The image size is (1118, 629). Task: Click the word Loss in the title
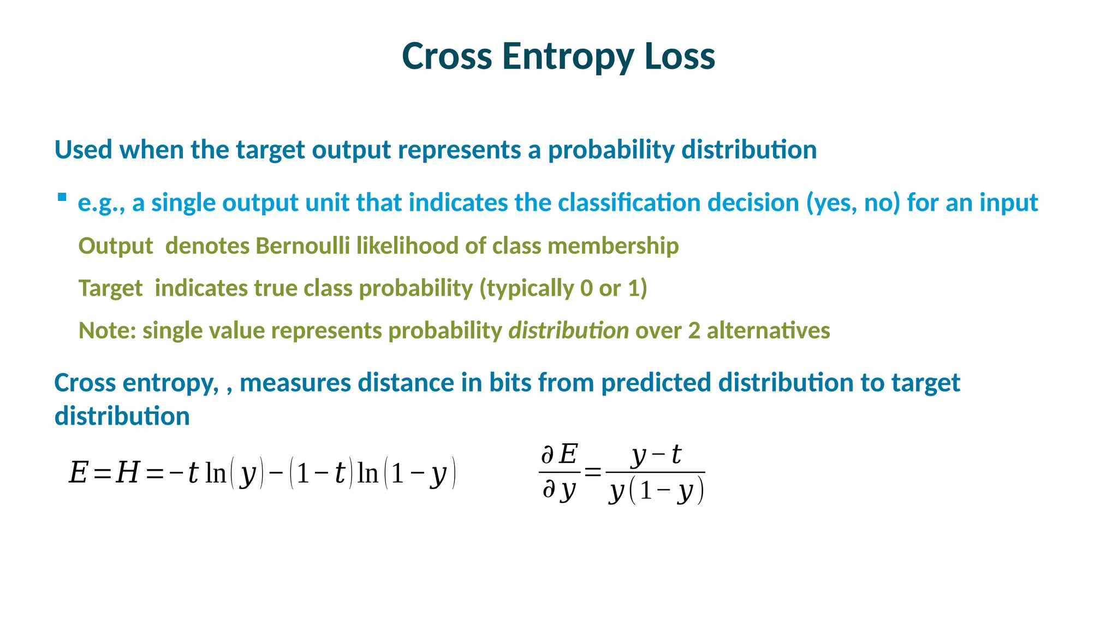point(680,56)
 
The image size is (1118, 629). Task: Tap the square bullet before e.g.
point(62,197)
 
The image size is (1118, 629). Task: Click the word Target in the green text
point(110,288)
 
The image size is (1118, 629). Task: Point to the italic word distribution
point(568,331)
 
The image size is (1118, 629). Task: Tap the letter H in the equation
point(128,473)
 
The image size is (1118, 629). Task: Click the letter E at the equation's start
point(78,473)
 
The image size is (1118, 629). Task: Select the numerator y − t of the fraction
point(656,455)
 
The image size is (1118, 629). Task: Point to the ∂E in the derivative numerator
point(559,454)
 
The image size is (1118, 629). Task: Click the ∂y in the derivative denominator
point(559,490)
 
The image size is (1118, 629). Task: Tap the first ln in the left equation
point(215,473)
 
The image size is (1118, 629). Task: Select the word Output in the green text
point(115,246)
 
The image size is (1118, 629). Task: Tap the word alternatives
point(768,331)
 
